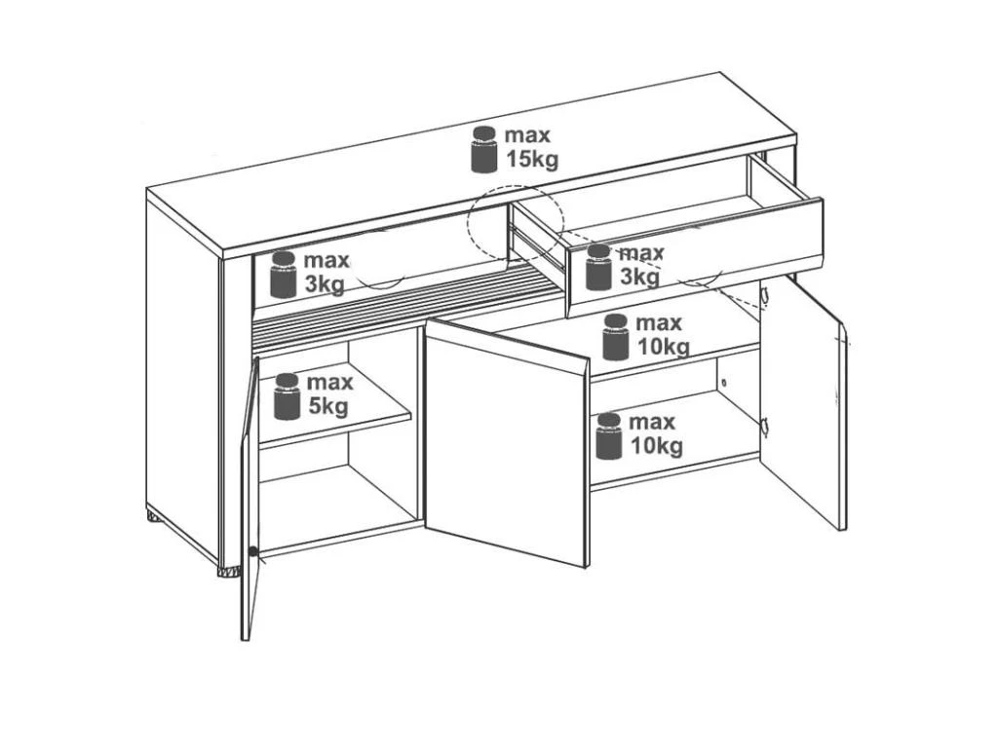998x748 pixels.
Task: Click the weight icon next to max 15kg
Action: click(484, 149)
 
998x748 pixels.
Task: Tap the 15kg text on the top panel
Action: click(532, 159)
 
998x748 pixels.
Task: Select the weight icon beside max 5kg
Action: click(288, 397)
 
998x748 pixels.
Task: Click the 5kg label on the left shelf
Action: click(327, 406)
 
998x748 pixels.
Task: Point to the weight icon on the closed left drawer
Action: click(284, 275)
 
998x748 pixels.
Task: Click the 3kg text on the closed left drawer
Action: click(325, 284)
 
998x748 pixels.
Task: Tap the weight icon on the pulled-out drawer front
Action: click(598, 267)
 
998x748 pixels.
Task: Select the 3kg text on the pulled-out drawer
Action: click(639, 278)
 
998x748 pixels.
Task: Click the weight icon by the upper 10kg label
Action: click(616, 337)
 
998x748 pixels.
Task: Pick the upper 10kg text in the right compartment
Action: click(664, 348)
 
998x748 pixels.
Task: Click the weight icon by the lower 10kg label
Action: click(608, 436)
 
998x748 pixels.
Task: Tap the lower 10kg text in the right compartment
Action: click(657, 446)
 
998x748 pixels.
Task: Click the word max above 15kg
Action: click(527, 134)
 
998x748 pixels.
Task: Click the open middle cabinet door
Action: click(507, 442)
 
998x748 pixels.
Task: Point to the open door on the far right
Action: click(803, 400)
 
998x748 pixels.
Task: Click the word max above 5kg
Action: click(329, 382)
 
